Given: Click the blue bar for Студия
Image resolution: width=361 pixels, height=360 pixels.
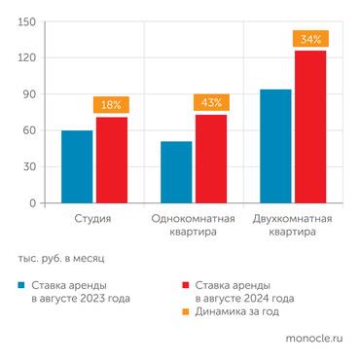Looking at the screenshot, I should pos(77,166).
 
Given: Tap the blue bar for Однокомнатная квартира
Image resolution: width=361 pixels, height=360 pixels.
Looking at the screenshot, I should pos(176,172).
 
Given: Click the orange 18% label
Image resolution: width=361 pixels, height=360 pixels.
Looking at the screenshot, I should pos(111,104).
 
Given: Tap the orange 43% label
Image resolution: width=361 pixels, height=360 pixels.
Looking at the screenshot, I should pos(210,102).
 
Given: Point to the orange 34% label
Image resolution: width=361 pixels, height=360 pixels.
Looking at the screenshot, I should pos(309,39).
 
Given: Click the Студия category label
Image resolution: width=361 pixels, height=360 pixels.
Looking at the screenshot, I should pos(93,219).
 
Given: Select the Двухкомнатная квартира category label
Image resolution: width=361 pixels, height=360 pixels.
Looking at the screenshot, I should pos(292,226).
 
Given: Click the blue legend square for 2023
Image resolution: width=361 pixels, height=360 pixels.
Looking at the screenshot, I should pos(20,285).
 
